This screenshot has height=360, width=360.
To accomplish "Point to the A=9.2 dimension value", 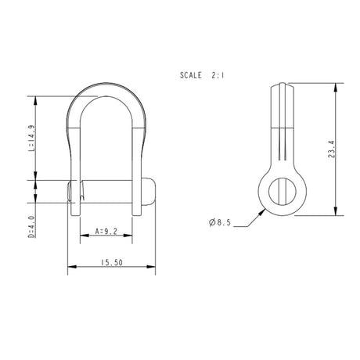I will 106,231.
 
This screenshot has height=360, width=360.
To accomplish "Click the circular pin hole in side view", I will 280,189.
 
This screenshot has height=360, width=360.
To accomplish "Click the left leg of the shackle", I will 76,157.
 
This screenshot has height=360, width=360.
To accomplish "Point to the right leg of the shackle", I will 139,157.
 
